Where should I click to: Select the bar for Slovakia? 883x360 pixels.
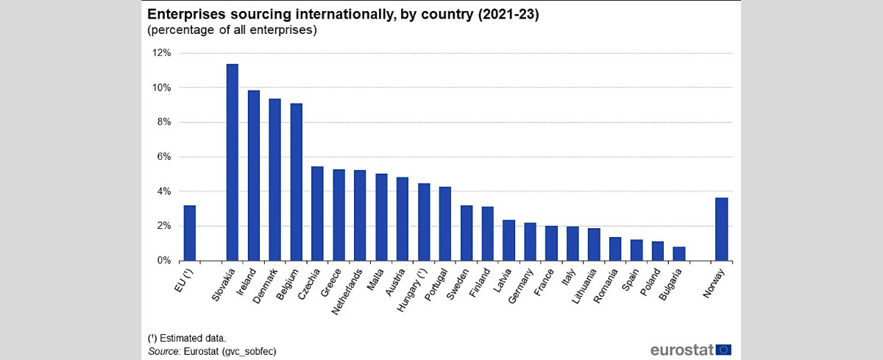[232, 162]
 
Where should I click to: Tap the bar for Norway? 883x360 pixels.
[722, 229]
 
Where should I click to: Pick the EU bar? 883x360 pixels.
[189, 233]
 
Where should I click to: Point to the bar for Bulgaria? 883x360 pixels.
[679, 253]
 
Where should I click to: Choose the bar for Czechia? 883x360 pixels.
[317, 213]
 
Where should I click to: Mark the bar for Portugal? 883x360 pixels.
[445, 224]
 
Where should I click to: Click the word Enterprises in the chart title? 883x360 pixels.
[185, 14]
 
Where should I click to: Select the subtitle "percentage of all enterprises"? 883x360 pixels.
[233, 30]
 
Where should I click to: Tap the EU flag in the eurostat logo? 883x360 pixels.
[723, 349]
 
